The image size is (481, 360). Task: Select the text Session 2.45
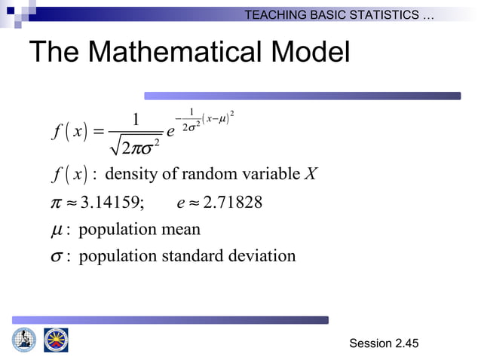click(x=384, y=343)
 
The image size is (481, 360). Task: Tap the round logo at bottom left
click(x=23, y=340)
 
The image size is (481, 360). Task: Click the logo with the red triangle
click(x=56, y=340)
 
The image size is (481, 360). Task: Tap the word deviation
click(x=263, y=256)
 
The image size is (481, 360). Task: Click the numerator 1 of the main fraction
click(x=136, y=121)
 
